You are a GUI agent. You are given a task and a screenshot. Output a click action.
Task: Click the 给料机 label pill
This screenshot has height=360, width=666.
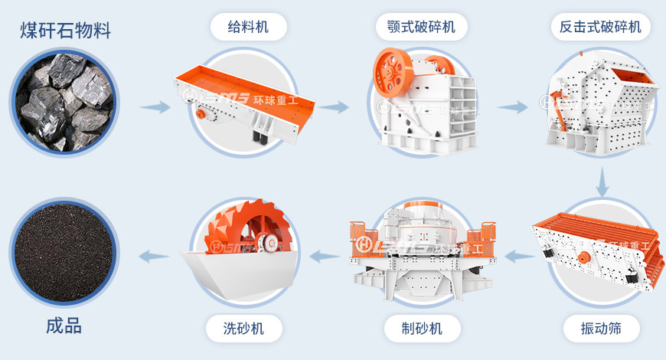point(249,28)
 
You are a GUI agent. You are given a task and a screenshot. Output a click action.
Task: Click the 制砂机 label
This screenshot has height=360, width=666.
point(423,329)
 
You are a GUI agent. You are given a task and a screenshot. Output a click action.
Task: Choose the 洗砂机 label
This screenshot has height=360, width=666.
point(244,329)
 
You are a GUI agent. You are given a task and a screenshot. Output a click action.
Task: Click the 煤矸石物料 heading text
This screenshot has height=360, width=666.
point(65,31)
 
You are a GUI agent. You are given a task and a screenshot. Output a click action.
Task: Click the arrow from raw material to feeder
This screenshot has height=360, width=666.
point(155,107)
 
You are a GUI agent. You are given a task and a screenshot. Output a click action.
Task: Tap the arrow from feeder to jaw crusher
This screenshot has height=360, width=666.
point(334,107)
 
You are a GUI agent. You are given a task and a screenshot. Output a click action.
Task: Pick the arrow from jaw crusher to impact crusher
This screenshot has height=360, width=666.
point(512,107)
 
